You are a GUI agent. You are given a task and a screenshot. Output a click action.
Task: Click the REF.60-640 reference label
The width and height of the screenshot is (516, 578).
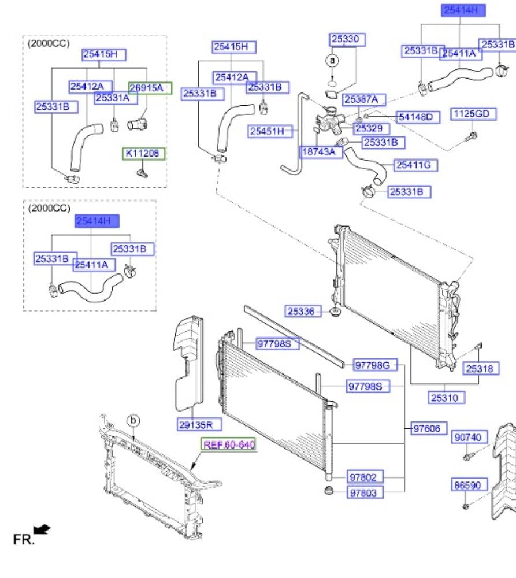(228, 444)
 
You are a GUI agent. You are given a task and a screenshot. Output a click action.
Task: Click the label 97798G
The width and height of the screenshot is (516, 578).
(376, 365)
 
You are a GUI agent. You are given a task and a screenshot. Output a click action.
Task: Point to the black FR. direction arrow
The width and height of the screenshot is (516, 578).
(42, 529)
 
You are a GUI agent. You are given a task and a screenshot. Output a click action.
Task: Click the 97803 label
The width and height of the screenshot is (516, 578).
(366, 492)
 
